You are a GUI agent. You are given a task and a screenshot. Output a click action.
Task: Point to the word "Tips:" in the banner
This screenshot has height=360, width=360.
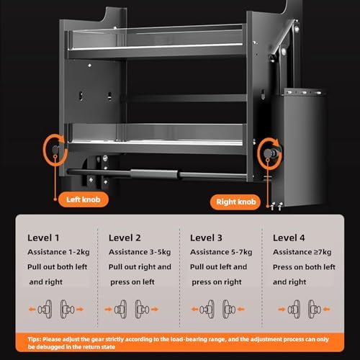40,337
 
